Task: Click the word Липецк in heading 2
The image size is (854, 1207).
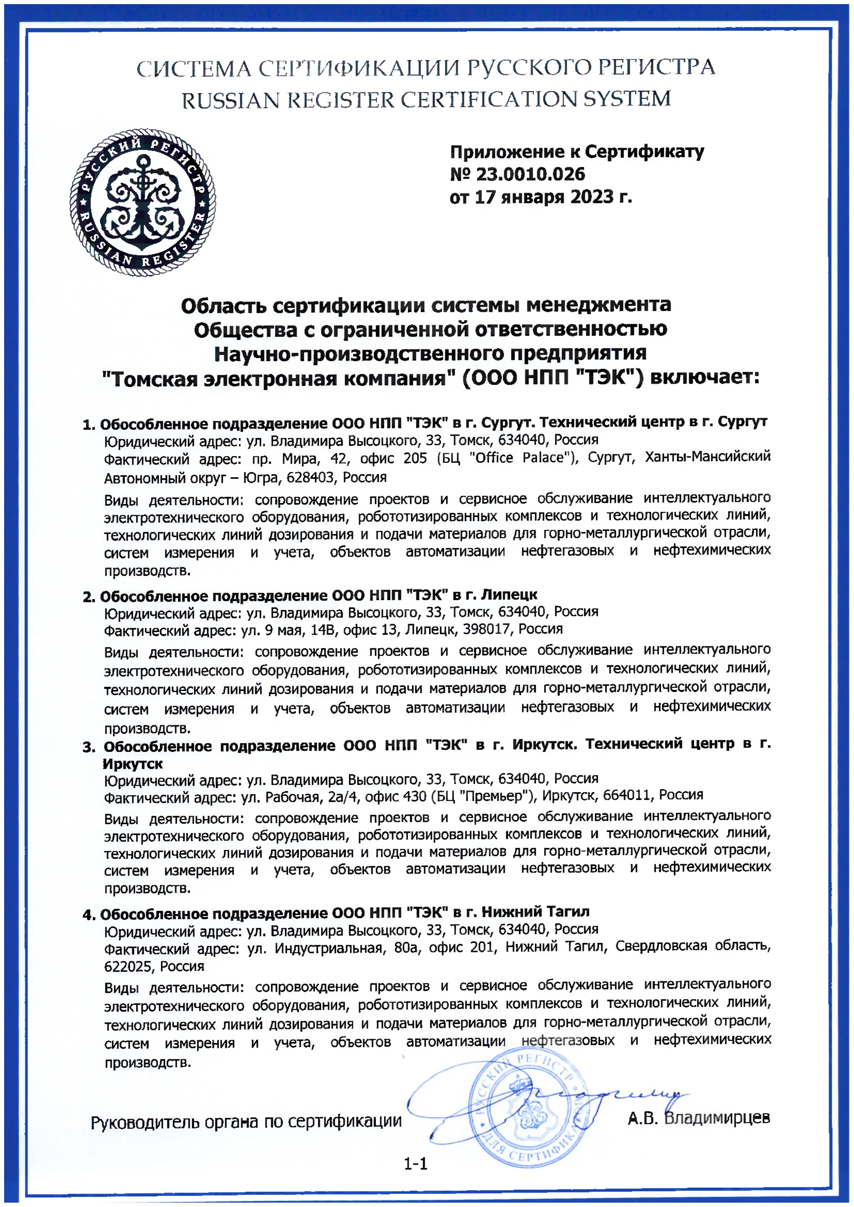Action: click(x=509, y=595)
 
